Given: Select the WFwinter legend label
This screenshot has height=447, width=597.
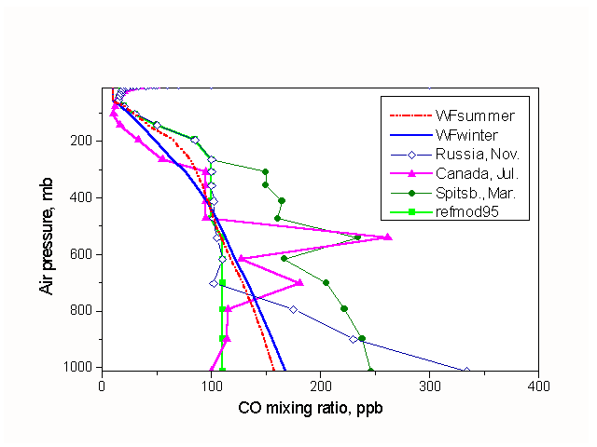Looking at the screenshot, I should (x=471, y=135).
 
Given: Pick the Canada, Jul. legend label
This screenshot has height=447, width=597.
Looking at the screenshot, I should (x=476, y=174).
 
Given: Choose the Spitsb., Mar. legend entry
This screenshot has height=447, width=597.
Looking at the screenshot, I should (x=479, y=194).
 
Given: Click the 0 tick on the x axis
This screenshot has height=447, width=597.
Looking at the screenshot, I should (x=102, y=383).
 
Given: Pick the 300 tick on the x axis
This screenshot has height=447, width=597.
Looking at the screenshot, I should (x=429, y=383).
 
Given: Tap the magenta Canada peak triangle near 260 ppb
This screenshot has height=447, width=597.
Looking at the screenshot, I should (x=388, y=237).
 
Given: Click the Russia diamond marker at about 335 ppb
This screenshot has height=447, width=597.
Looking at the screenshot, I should (x=466, y=371).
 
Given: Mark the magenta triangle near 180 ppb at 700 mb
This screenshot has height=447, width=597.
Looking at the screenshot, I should (x=299, y=281).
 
